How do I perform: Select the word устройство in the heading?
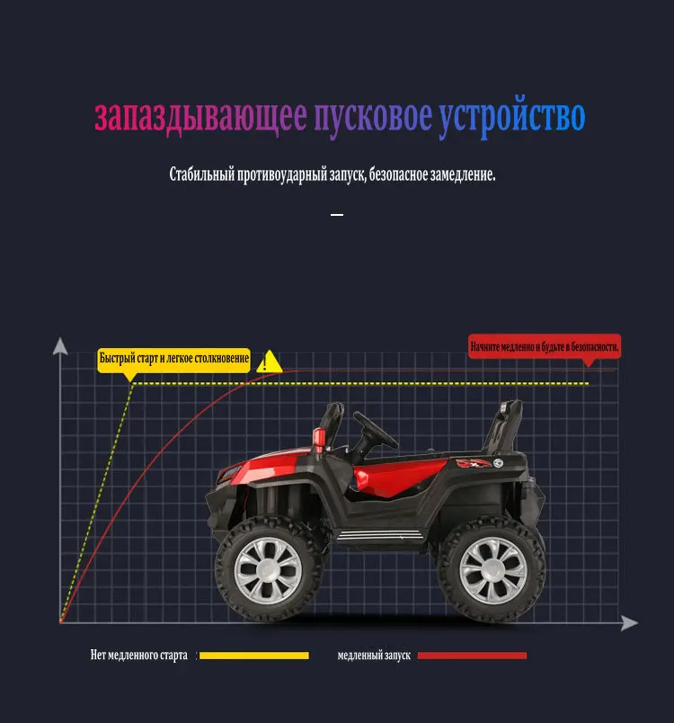click(x=511, y=118)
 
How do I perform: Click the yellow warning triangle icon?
click(x=268, y=362)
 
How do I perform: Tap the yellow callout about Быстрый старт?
click(x=173, y=359)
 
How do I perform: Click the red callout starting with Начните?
click(x=545, y=346)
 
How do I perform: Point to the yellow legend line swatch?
click(x=253, y=656)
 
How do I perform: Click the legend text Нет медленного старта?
click(x=139, y=656)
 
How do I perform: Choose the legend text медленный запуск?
click(x=374, y=656)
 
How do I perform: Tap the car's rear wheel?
click(x=492, y=568)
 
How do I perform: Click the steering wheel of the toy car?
click(x=376, y=429)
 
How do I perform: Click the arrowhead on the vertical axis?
click(x=60, y=345)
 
